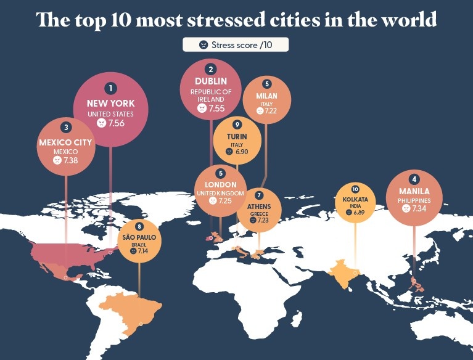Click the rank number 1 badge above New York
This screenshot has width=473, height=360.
[x=111, y=89]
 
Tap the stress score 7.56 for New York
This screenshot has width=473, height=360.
[x=116, y=123]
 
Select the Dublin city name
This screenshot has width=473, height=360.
[x=211, y=81]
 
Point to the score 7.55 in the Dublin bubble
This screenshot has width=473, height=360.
[x=216, y=108]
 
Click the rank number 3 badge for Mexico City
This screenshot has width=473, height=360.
[x=66, y=128]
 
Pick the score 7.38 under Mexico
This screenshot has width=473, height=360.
[x=71, y=160]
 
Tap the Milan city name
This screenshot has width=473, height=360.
[x=266, y=96]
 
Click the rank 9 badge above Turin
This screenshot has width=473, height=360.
[x=237, y=124]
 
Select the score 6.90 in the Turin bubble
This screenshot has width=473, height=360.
[x=242, y=151]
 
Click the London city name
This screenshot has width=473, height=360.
[x=220, y=184]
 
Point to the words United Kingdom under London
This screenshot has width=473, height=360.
[x=220, y=193]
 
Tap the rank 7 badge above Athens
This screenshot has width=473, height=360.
[x=259, y=194]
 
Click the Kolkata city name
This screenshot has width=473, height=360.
[x=355, y=200]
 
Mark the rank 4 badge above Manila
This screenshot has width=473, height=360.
[x=414, y=179]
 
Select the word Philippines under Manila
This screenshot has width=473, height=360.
[x=414, y=200]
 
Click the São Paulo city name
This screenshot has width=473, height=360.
[x=139, y=237]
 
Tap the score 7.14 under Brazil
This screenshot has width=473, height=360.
[x=144, y=252]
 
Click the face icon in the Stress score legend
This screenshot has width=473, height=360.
[x=203, y=44]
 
